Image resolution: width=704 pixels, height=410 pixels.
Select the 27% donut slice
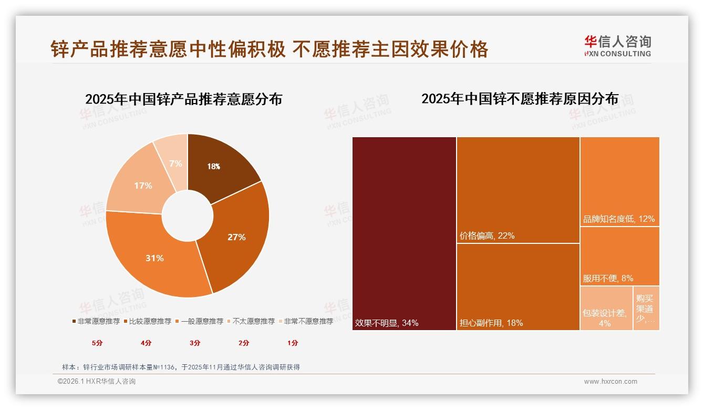pos(236,237)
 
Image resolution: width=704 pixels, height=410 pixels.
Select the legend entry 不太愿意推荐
pos(251,321)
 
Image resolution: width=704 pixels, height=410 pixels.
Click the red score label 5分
pos(97,343)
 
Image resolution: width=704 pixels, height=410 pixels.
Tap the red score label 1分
pos(293,343)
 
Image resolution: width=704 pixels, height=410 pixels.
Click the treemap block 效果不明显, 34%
pos(404,233)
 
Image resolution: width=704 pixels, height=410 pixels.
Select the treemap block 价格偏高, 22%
pos(518,190)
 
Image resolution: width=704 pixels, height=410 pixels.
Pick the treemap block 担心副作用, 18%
pos(518,287)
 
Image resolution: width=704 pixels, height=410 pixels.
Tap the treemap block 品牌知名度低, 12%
pos(619,181)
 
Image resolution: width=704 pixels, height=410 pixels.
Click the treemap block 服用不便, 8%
pos(619,257)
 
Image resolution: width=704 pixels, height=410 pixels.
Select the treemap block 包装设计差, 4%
pos(606,308)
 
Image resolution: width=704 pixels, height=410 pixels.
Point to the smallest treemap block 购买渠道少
pos(646,308)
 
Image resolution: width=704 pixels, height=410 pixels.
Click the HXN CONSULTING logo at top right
pos(617,46)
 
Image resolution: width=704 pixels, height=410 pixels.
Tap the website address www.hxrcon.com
pos(610,382)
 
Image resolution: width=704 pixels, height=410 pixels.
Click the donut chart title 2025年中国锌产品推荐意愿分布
pos(183,99)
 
